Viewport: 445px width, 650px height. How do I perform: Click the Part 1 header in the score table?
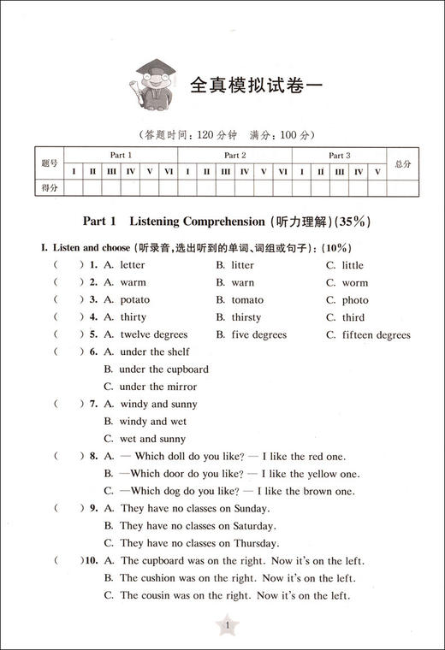pyautogui.click(x=121, y=155)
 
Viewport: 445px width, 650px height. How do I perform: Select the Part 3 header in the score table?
pyautogui.click(x=340, y=155)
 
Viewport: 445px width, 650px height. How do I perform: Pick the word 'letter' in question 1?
pyautogui.click(x=133, y=265)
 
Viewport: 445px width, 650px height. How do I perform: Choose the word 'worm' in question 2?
pyautogui.click(x=355, y=282)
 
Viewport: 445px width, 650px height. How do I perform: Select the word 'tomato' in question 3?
pyautogui.click(x=247, y=300)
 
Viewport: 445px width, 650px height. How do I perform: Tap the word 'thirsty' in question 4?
pyautogui.click(x=246, y=317)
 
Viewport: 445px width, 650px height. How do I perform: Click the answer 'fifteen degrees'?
pyautogui.click(x=376, y=334)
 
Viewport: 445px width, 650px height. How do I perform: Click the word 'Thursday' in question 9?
pyautogui.click(x=255, y=543)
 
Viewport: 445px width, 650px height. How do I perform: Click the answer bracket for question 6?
pyautogui.click(x=66, y=352)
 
